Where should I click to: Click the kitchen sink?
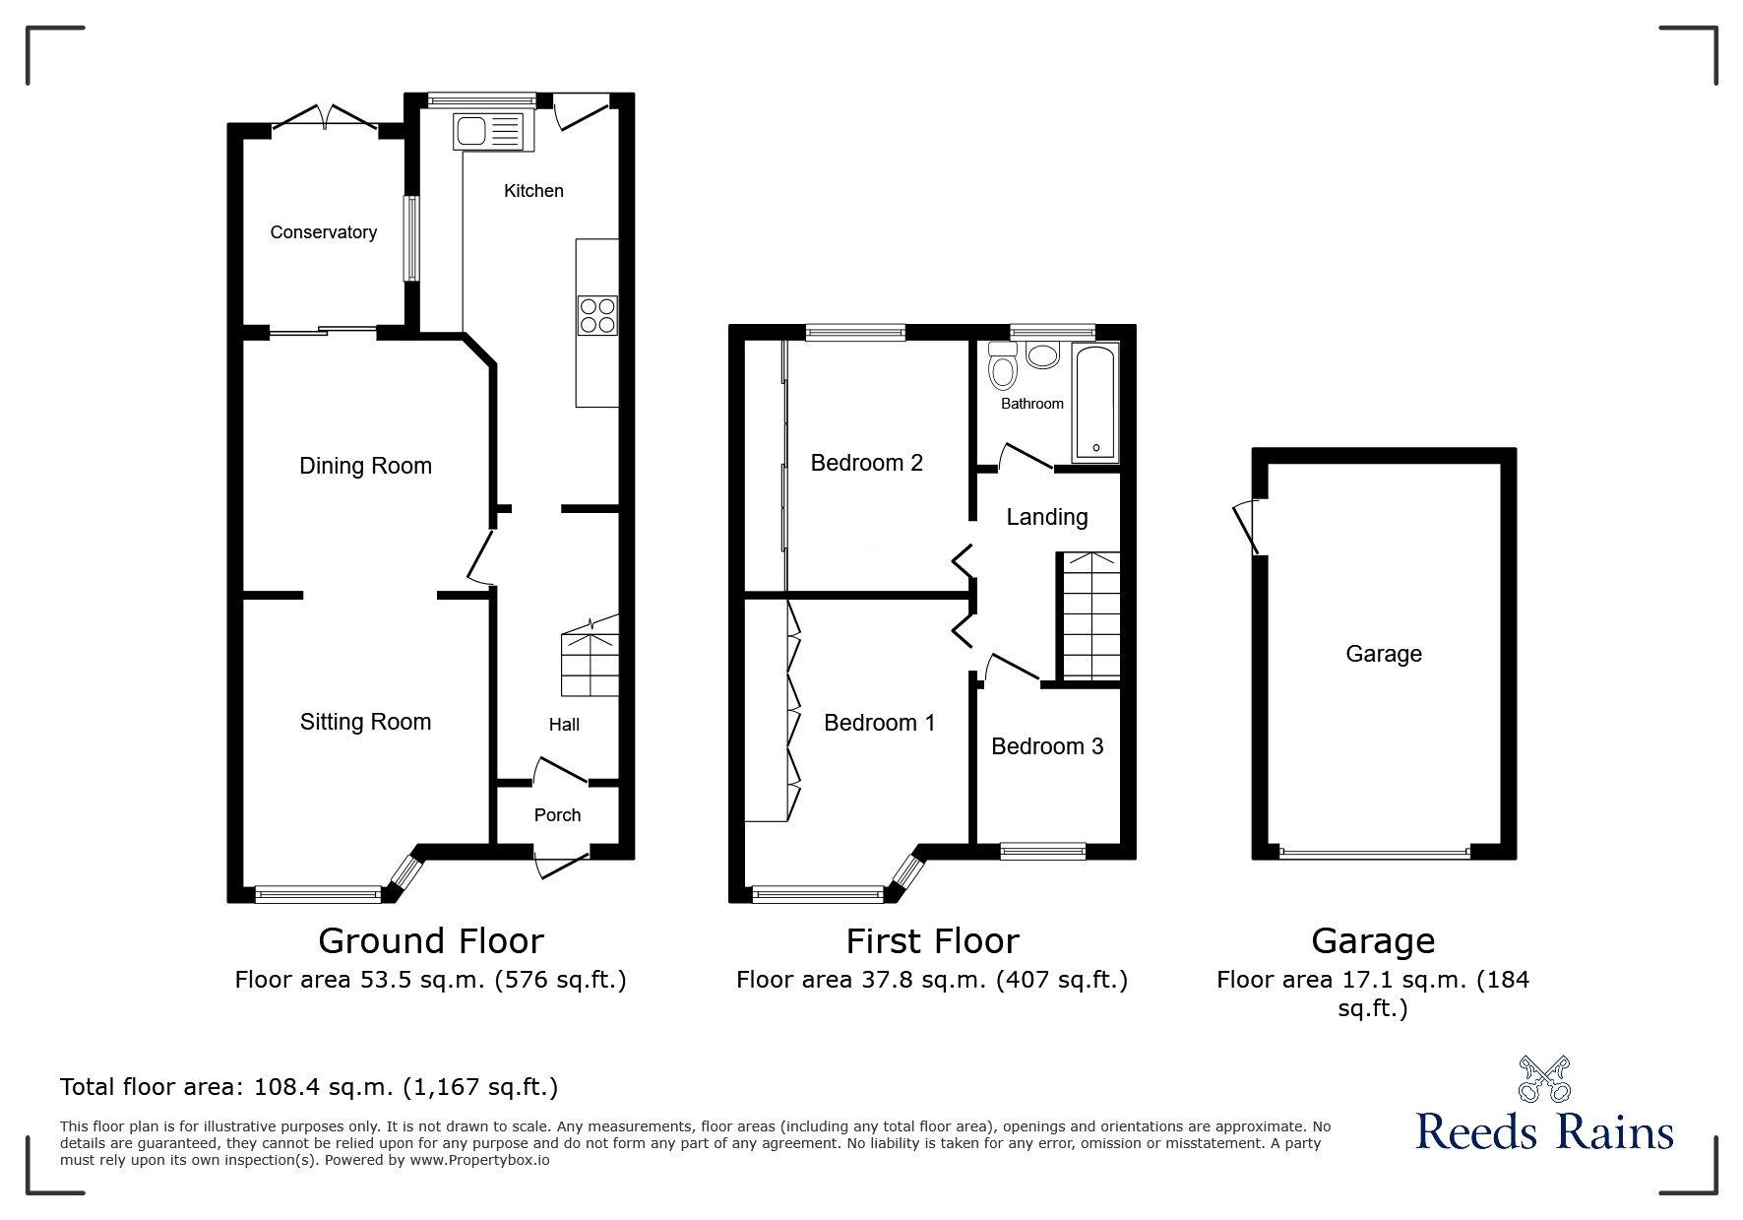tap(491, 131)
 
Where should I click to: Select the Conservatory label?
tap(323, 232)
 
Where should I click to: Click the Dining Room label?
tap(365, 466)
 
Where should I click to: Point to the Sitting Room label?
tap(365, 722)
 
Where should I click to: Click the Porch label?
tap(557, 814)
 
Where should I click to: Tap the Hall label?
tap(564, 725)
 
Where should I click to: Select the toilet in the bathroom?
tap(1003, 366)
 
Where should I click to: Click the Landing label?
tap(1046, 517)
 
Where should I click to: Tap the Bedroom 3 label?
tap(1046, 746)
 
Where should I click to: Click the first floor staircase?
tap(1089, 616)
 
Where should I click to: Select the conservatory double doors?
tap(325, 117)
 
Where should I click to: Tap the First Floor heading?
tap(932, 941)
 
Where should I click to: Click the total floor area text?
tap(309, 1087)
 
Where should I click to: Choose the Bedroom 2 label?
tap(866, 463)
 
